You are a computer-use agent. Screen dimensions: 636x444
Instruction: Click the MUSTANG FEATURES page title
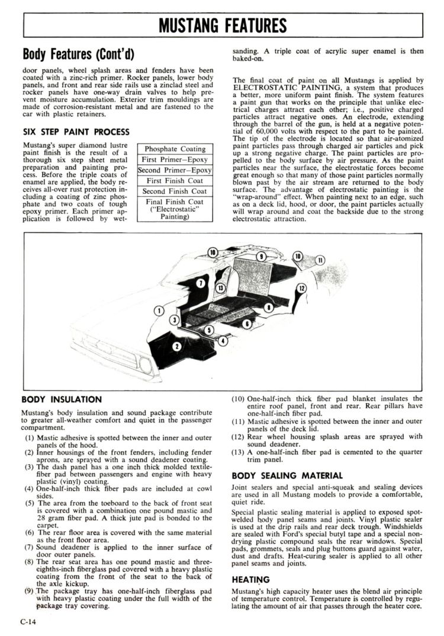click(x=223, y=26)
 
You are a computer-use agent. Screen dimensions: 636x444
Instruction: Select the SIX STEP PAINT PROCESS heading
click(x=76, y=132)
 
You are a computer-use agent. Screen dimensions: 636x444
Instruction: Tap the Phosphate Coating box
click(x=175, y=149)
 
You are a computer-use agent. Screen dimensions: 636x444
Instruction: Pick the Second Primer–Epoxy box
click(x=175, y=170)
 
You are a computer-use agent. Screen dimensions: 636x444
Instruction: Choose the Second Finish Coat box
click(x=175, y=191)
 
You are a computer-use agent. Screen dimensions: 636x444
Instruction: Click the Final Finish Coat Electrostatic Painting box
click(x=175, y=209)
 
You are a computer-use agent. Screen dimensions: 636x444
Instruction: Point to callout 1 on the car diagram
click(x=159, y=310)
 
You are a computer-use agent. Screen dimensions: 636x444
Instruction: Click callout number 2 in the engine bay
click(x=176, y=346)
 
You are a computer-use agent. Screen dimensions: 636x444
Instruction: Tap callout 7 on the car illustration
click(x=201, y=283)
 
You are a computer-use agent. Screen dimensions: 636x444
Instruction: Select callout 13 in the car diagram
click(x=220, y=288)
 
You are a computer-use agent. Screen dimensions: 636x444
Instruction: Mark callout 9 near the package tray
click(x=261, y=256)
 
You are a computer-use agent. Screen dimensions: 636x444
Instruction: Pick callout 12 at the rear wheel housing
click(x=301, y=289)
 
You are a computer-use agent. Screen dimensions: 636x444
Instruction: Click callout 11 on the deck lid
click(x=320, y=260)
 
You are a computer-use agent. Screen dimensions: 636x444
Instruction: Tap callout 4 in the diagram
click(x=223, y=341)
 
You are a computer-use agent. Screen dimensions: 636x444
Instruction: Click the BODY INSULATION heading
click(x=62, y=400)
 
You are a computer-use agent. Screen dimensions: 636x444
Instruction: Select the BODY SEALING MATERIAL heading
click(x=287, y=475)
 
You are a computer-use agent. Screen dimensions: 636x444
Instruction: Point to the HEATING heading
click(x=250, y=579)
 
